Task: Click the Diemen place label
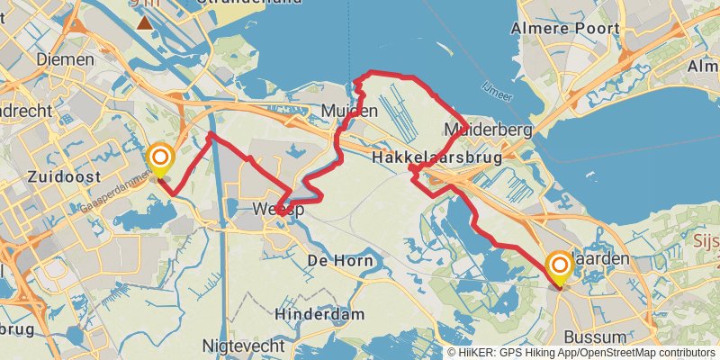[65, 59]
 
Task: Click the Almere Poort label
[565, 29]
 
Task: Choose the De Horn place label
[336, 260]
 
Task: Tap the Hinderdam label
[320, 314]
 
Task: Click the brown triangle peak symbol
[145, 22]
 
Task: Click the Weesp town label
[279, 210]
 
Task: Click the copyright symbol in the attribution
[451, 353]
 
